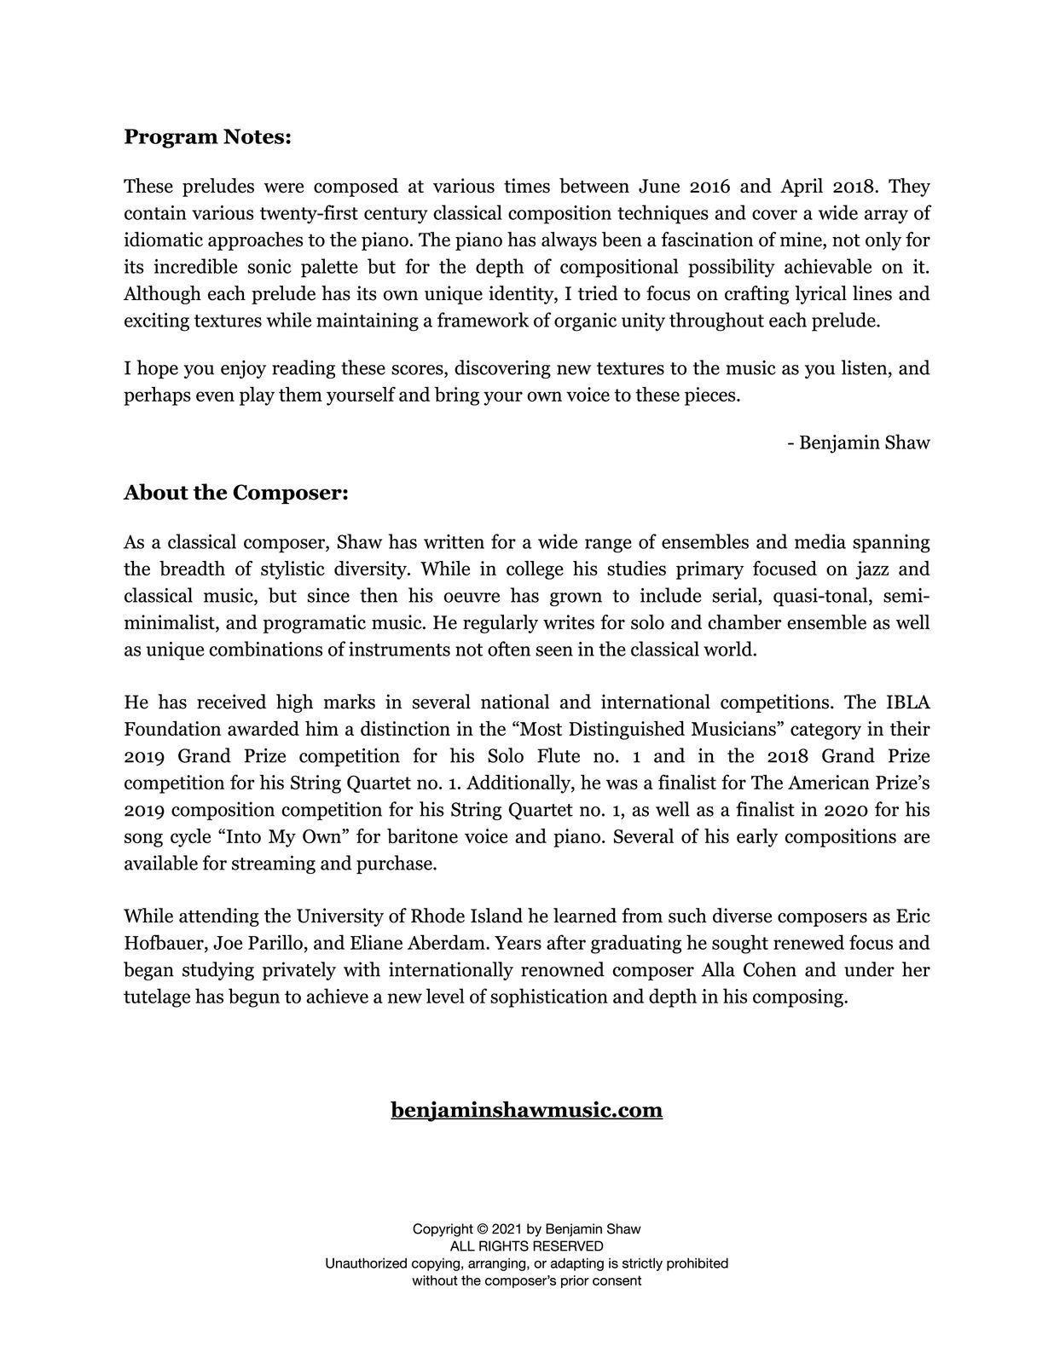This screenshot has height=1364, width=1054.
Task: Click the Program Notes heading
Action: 207,137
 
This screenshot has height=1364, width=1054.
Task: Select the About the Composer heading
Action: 236,493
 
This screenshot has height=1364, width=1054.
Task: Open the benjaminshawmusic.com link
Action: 526,1110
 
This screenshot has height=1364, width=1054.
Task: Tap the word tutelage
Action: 157,997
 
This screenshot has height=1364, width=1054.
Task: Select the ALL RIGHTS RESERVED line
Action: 526,1246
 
